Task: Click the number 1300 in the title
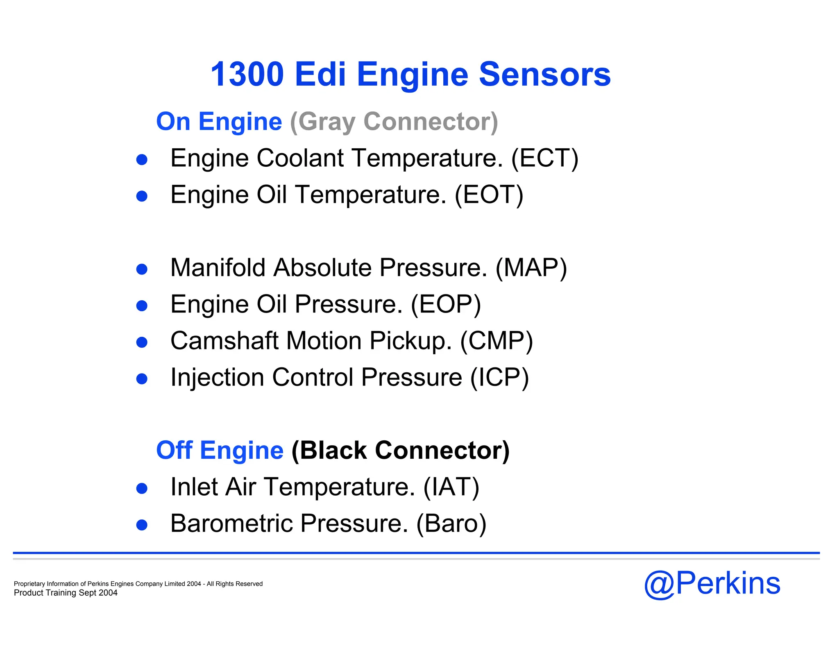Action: click(x=247, y=74)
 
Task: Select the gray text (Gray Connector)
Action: click(x=394, y=122)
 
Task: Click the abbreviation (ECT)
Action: click(x=544, y=158)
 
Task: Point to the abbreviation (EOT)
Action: click(x=489, y=195)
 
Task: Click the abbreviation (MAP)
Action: click(x=531, y=268)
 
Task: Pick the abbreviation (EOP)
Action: click(x=446, y=304)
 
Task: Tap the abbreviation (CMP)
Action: click(x=497, y=341)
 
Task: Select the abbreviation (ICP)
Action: click(x=499, y=377)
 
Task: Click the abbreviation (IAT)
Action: click(x=451, y=487)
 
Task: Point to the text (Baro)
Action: click(x=451, y=523)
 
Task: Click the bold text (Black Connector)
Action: click(x=400, y=451)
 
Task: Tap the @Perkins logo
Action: click(x=712, y=583)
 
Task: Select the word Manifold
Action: click(x=218, y=268)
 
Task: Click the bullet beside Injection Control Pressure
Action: click(x=142, y=379)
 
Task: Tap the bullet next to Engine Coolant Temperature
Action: click(x=142, y=160)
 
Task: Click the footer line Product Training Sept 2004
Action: click(x=66, y=593)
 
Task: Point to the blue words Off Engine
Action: click(x=220, y=451)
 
